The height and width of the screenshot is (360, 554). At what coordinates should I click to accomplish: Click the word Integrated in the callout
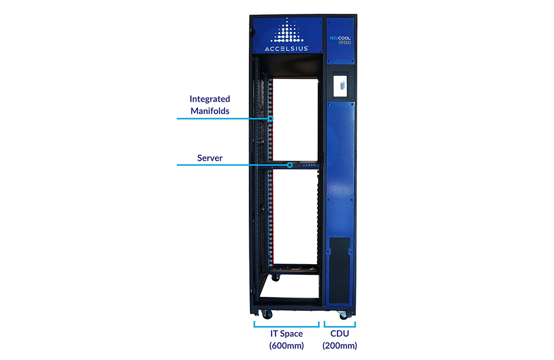[x=210, y=99]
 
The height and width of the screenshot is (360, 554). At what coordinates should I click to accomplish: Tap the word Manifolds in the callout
[x=210, y=111]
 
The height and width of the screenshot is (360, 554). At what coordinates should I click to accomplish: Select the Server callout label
[x=210, y=158]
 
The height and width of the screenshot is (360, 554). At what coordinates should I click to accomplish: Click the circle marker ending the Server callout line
[x=290, y=165]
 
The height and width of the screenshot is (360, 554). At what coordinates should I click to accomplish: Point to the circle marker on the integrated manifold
[x=271, y=119]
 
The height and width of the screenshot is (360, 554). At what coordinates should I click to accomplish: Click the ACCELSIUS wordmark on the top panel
[x=286, y=48]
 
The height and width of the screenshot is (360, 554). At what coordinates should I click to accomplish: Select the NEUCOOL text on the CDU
[x=340, y=38]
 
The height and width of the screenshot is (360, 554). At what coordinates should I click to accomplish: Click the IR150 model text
[x=345, y=43]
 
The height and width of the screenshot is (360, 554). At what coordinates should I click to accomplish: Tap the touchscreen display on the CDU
[x=341, y=85]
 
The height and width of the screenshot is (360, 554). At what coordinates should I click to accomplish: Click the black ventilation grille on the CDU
[x=340, y=270]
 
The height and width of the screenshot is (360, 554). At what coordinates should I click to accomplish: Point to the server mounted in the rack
[x=289, y=165]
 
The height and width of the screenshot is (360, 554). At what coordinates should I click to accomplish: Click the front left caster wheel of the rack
[x=267, y=314]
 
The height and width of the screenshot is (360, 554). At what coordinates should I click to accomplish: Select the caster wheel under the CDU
[x=343, y=316]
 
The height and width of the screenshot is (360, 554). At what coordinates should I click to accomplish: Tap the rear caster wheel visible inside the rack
[x=275, y=278]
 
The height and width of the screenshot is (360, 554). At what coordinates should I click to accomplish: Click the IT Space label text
[x=286, y=333]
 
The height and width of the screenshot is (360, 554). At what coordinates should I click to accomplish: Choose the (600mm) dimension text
[x=286, y=346]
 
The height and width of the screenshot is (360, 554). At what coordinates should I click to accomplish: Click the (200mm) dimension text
[x=340, y=346]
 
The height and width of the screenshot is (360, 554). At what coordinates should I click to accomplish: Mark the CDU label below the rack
[x=340, y=333]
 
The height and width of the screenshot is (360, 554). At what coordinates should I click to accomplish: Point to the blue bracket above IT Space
[x=286, y=326]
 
